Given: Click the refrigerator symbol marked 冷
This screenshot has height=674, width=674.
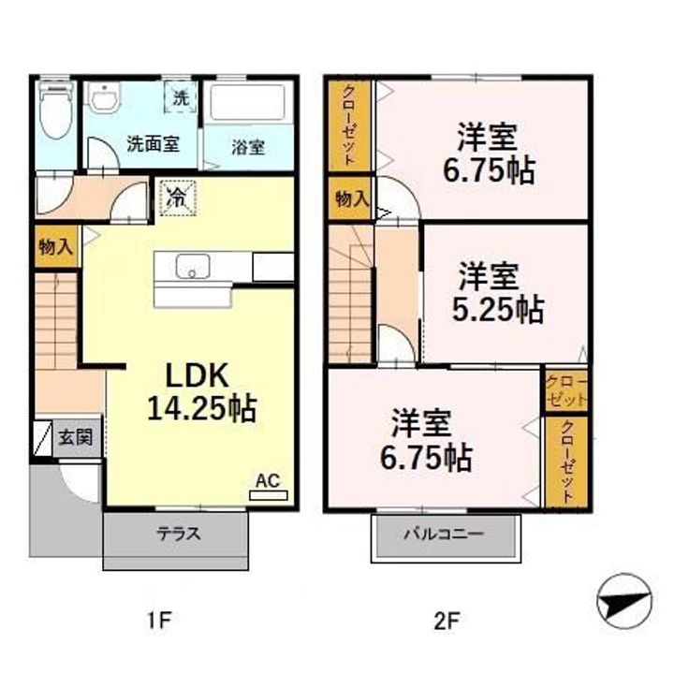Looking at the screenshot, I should point(175,198).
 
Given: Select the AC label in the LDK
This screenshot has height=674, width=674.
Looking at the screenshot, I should point(268,481).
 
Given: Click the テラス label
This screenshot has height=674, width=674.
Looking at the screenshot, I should point(176,535).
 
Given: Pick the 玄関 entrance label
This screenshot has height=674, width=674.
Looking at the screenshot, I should point(76,438).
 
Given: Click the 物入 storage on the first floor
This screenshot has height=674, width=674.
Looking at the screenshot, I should point(55,247).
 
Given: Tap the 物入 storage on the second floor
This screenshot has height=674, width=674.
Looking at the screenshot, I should point(350,199).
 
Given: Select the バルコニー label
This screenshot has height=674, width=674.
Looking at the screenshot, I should point(444,535).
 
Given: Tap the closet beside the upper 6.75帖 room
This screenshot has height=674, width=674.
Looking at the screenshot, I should point(349,126).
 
